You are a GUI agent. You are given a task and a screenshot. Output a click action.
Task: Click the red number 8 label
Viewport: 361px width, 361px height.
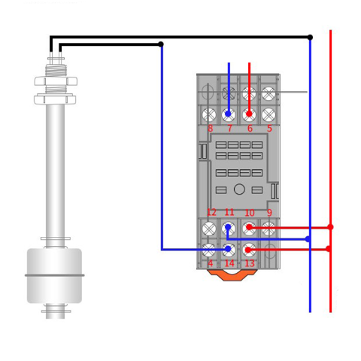point(210,129)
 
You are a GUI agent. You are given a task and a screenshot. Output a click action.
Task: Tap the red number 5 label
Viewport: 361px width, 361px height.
point(269,129)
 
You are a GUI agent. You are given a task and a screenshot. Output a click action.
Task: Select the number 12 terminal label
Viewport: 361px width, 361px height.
point(211,212)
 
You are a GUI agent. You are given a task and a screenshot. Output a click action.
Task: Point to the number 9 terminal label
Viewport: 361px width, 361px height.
point(269,213)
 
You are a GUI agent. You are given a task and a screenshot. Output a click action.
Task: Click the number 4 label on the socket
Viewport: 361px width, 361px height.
point(211,263)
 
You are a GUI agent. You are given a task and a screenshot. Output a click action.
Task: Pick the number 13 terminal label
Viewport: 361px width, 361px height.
point(250,263)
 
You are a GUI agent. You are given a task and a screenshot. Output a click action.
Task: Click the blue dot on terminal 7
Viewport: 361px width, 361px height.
point(228,114)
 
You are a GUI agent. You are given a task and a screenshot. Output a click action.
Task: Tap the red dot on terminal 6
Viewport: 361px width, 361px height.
point(249,114)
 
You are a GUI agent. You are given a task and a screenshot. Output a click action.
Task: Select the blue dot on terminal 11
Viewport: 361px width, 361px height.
point(228,227)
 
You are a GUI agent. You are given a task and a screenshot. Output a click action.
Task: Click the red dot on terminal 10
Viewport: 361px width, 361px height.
point(249,227)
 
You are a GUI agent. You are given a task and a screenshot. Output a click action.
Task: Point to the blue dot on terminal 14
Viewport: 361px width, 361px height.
point(228,249)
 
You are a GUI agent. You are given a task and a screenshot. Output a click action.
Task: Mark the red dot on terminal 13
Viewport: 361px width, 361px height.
point(248,250)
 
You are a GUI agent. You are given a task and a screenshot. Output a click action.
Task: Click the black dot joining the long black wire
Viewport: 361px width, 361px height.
point(310,38)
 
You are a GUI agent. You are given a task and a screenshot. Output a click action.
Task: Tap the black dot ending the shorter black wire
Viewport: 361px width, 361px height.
point(161,44)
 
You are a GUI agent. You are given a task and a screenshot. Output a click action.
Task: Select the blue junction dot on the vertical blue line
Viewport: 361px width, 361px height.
point(308,239)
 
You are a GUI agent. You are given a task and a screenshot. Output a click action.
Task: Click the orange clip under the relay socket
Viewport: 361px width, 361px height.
point(232,275)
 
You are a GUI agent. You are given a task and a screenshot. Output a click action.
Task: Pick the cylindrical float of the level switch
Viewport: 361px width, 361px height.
point(54,275)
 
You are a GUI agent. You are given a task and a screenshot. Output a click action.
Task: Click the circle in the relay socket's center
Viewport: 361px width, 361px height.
point(239,190)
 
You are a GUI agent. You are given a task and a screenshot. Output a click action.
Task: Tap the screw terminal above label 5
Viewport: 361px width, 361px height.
point(268,114)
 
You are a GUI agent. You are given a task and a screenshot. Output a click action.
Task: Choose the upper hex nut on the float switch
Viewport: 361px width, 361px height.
point(56,81)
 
